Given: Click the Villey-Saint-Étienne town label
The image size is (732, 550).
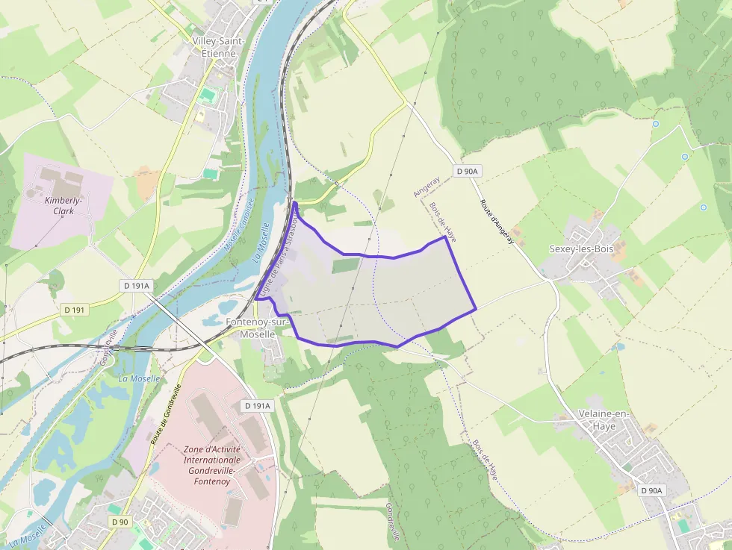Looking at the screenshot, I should [214, 46].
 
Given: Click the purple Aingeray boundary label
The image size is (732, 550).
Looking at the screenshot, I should [427, 187].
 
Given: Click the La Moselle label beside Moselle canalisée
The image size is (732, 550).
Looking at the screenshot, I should [261, 243].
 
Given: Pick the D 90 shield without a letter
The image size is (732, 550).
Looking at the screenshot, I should [119, 522].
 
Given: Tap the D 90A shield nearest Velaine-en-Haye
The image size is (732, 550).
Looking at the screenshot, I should [651, 490].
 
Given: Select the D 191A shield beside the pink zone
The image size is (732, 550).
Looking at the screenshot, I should [257, 405].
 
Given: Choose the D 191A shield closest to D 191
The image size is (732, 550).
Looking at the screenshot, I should [137, 286].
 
